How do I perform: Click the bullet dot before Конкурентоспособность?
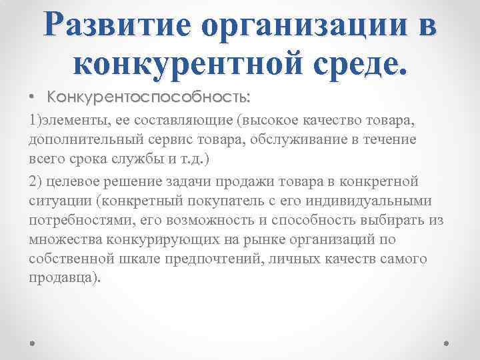(x=33, y=98)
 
